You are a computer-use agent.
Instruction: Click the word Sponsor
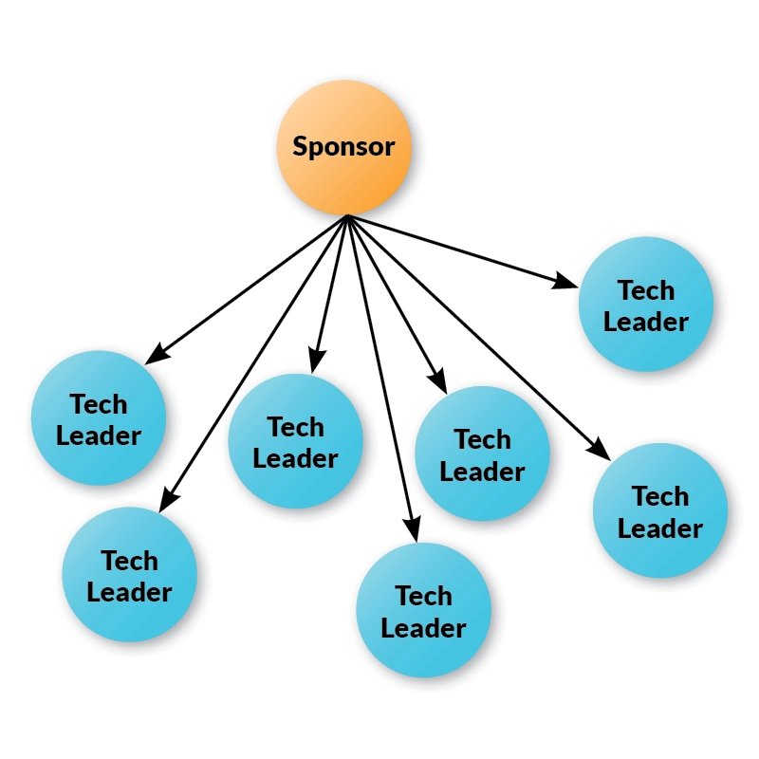point(342,147)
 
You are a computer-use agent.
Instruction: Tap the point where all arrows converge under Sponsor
point(347,216)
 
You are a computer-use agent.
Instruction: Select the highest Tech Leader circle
point(645,305)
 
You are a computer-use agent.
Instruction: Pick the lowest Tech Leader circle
point(423,610)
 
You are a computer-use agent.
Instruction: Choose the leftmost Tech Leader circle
point(99,418)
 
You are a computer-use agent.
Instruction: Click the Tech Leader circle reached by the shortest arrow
point(295,441)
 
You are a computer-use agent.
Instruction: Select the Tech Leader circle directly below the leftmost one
point(129,574)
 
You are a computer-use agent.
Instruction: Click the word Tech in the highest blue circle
point(645,289)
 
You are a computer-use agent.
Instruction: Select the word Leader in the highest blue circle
point(645,322)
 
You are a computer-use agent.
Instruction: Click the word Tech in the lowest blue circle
point(423,596)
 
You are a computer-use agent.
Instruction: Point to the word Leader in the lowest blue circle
point(423,628)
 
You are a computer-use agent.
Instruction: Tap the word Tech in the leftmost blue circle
point(99,404)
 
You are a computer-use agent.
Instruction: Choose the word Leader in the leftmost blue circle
point(99,436)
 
